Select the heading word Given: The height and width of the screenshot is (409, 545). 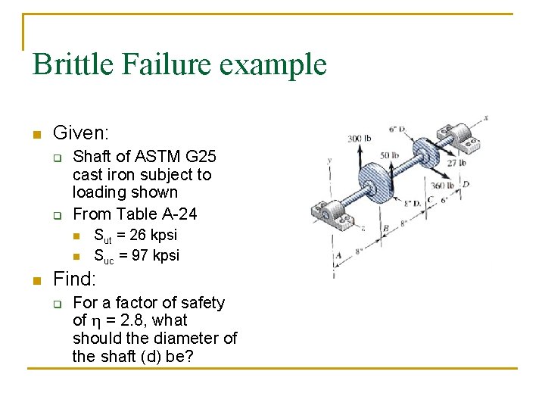pos(80,134)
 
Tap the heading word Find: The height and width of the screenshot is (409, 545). pos(74,279)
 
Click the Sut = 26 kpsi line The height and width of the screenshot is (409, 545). pos(135,236)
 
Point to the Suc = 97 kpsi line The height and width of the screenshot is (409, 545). pos(136,255)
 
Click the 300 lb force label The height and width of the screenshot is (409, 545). pos(359,139)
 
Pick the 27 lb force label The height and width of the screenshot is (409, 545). pos(456,162)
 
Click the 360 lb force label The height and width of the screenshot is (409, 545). pos(443,186)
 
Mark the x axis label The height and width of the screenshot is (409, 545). pos(485,117)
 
